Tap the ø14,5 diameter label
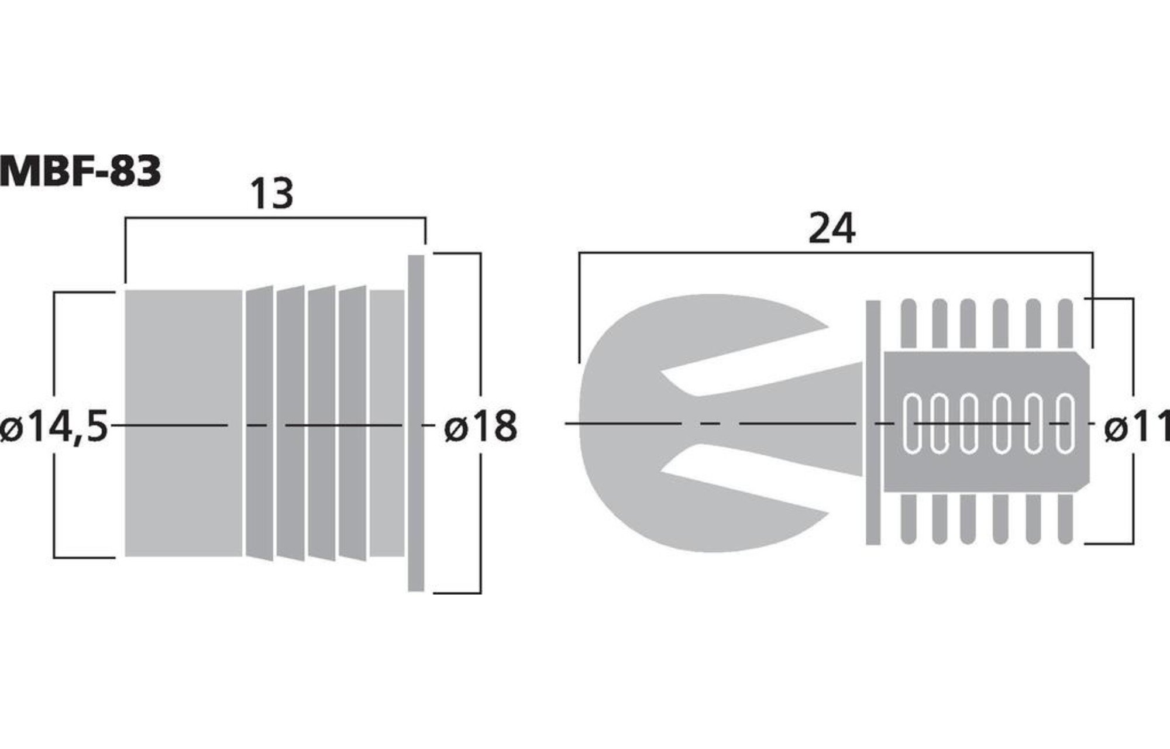[x=54, y=426]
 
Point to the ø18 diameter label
[x=480, y=426]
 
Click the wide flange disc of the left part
[x=415, y=423]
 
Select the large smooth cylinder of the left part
[x=184, y=423]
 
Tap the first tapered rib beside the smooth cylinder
[x=260, y=423]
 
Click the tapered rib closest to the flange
[x=352, y=423]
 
